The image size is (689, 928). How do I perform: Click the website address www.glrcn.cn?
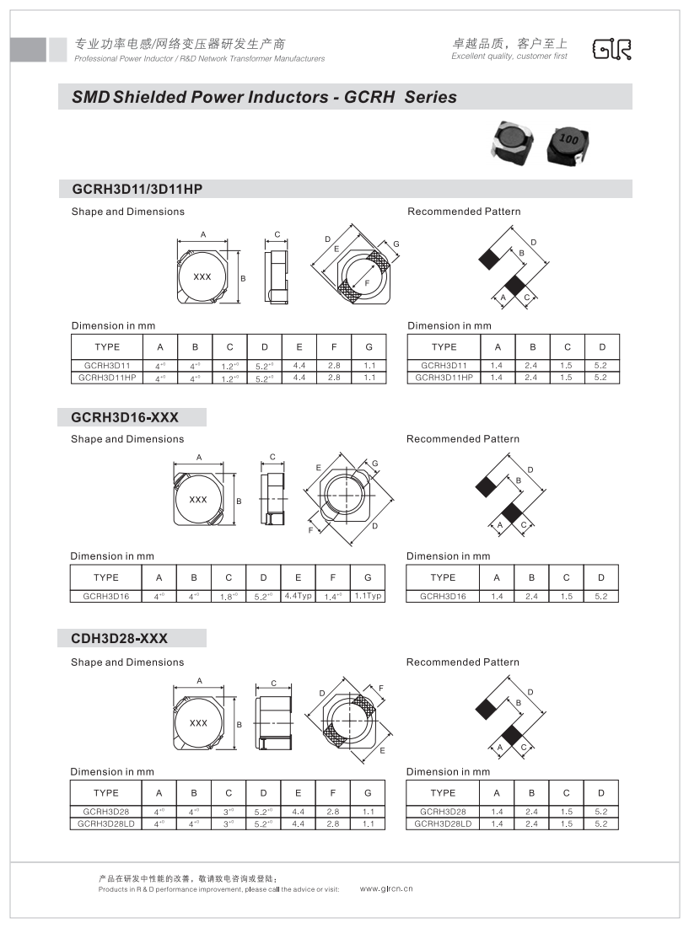tap(386, 888)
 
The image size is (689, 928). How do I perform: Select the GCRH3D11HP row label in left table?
tap(107, 378)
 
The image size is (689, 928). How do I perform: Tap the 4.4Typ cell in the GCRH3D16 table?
tap(299, 596)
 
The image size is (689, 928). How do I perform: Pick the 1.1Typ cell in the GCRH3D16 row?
tap(368, 596)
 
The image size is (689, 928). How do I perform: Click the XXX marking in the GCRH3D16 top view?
tap(198, 500)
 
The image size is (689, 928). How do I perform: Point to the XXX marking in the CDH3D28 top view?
tap(198, 723)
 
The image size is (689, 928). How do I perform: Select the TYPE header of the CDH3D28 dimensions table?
tap(106, 792)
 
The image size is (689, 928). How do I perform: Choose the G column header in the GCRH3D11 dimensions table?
tap(368, 346)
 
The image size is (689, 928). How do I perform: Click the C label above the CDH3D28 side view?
tap(274, 684)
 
